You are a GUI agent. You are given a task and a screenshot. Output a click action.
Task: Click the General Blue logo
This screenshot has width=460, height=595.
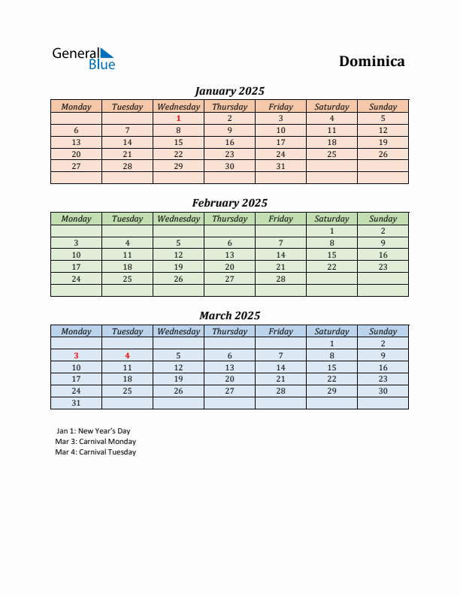click(x=83, y=59)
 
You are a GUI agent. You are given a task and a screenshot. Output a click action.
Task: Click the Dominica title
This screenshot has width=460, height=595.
click(x=371, y=61)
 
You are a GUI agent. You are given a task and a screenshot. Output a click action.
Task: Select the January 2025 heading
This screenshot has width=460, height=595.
click(x=229, y=91)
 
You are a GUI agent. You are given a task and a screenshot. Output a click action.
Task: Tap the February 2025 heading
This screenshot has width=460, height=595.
click(x=229, y=203)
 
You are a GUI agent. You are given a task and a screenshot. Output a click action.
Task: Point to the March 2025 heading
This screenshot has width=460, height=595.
click(x=229, y=316)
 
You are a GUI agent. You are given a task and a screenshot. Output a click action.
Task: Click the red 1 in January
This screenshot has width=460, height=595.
click(x=178, y=118)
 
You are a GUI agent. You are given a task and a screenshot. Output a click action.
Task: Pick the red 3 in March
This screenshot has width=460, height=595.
click(x=76, y=355)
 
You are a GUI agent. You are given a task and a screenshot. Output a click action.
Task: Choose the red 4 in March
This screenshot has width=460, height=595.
click(x=127, y=355)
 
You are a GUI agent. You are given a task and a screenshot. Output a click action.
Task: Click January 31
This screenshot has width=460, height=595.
click(x=280, y=166)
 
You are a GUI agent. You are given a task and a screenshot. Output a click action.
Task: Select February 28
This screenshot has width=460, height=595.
click(x=280, y=279)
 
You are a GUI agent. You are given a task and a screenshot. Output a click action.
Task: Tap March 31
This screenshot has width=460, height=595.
click(x=76, y=403)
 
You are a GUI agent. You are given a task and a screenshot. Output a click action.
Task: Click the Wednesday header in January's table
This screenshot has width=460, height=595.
click(x=178, y=107)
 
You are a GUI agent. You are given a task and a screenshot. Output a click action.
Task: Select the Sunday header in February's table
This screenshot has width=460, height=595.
click(x=383, y=219)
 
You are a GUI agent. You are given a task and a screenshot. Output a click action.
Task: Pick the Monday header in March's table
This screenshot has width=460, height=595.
click(x=76, y=331)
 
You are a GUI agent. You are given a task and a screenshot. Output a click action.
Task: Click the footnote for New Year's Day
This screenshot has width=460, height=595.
click(x=92, y=431)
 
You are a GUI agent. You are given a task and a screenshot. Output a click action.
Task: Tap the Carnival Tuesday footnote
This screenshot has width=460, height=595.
click(x=95, y=452)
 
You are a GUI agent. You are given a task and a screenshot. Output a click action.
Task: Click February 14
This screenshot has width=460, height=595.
click(x=280, y=255)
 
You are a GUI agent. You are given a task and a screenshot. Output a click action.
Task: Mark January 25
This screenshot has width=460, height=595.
click(x=331, y=154)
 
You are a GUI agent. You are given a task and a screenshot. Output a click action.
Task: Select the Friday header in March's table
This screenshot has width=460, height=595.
click(x=280, y=331)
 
